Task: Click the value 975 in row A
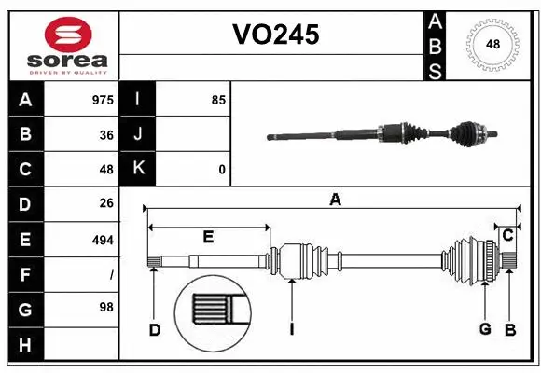(102, 100)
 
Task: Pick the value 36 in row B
(105, 134)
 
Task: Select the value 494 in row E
(102, 240)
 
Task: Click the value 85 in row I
(218, 100)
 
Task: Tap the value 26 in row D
(105, 204)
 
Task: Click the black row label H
(25, 345)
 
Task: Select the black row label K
(138, 170)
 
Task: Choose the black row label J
(138, 134)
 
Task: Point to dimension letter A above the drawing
(334, 199)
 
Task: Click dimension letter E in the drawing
(208, 238)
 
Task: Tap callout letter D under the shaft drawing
(155, 329)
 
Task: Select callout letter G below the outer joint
(485, 329)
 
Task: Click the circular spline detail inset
(213, 307)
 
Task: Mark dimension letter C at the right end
(507, 235)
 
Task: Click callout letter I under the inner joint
(291, 329)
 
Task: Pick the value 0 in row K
(222, 170)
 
